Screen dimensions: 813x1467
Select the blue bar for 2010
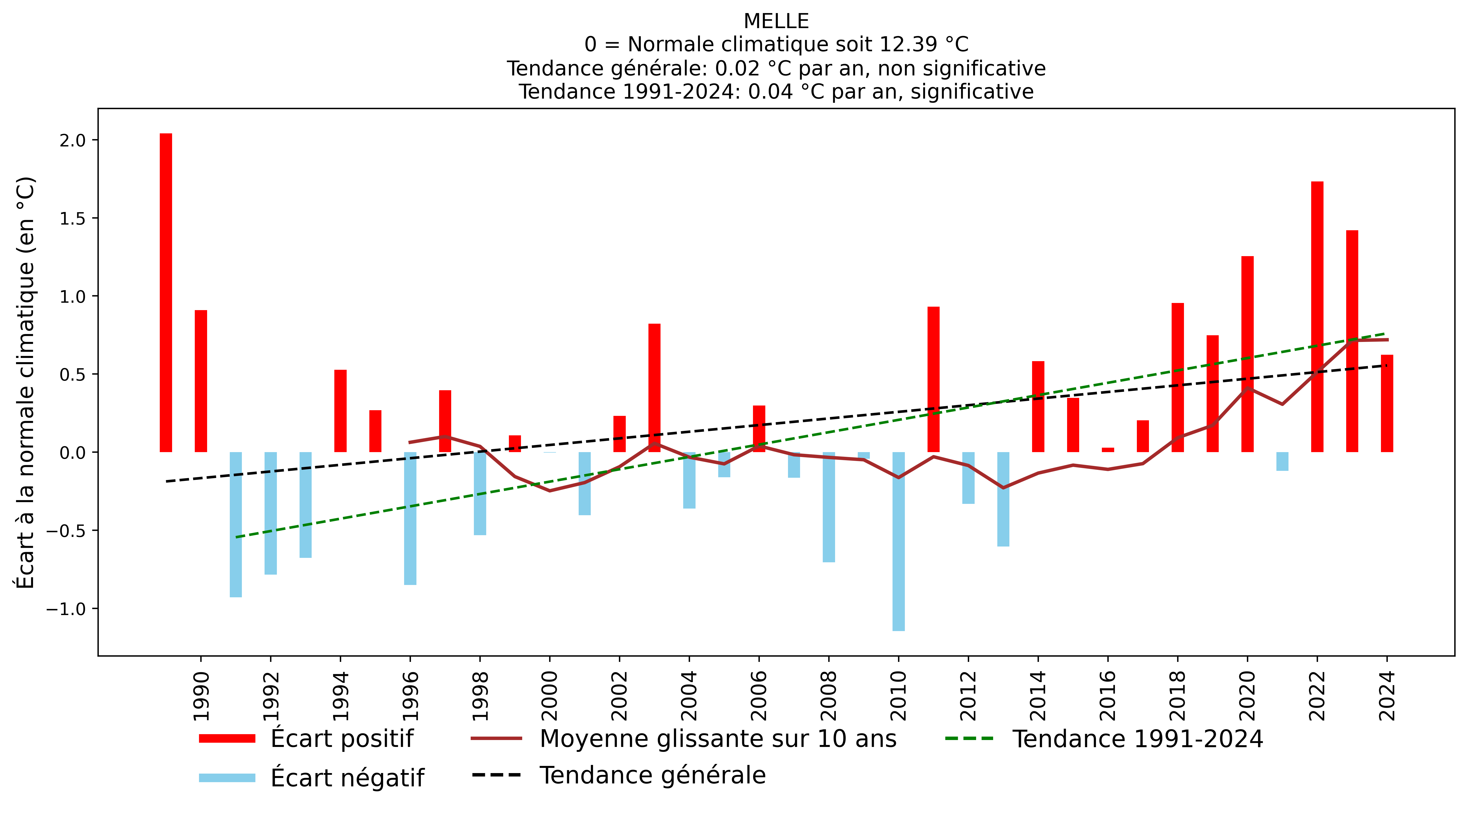point(899,541)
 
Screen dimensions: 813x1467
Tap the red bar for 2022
point(1317,317)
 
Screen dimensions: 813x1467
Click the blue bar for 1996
point(410,518)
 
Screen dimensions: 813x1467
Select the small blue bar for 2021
point(1283,461)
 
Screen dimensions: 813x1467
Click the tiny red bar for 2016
point(1108,450)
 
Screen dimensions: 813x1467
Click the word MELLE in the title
point(776,21)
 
